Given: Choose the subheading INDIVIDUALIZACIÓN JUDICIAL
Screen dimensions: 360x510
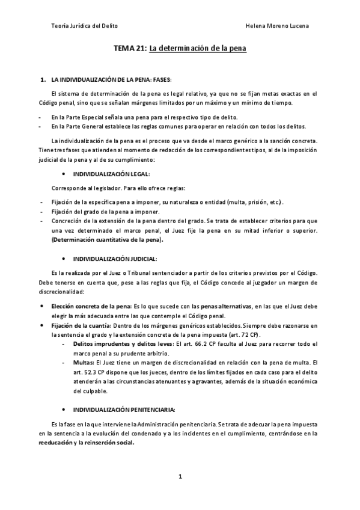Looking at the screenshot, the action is point(114,259).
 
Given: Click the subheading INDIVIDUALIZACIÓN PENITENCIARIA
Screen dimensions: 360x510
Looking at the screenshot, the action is point(124,410).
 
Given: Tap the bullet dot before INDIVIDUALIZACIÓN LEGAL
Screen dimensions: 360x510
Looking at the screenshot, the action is point(63,173).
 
